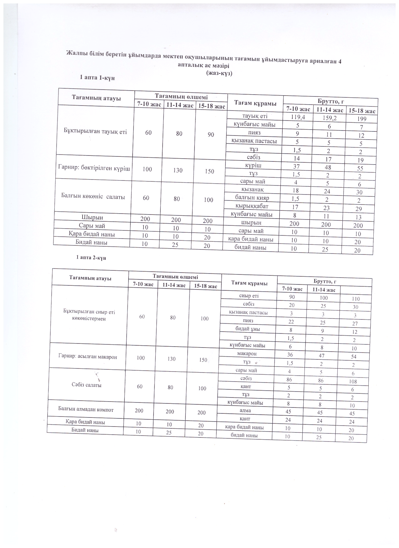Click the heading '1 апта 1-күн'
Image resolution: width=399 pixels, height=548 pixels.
pyautogui.click(x=98, y=78)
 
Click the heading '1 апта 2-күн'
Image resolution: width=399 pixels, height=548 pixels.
pyautogui.click(x=93, y=258)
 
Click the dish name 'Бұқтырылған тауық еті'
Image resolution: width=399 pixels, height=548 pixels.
pyautogui.click(x=95, y=131)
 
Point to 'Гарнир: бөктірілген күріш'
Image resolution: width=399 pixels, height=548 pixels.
pyautogui.click(x=94, y=168)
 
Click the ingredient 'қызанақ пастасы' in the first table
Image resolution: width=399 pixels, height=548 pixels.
pyautogui.click(x=254, y=141)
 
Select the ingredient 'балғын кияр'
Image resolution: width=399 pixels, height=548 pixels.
pyautogui.click(x=252, y=198)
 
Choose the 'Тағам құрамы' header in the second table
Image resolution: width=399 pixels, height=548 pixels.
pyautogui.click(x=249, y=283)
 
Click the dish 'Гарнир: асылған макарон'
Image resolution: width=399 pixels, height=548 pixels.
pyautogui.click(x=88, y=356)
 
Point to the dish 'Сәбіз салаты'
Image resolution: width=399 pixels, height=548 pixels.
pyautogui.click(x=87, y=385)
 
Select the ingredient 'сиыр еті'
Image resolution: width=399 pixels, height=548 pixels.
pyautogui.click(x=249, y=295)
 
